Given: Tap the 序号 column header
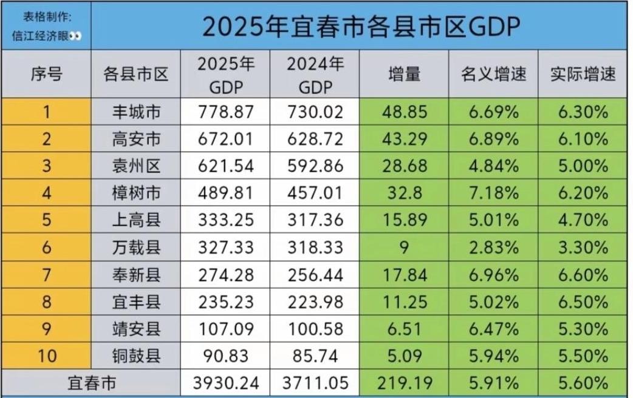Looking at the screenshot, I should pos(46,74).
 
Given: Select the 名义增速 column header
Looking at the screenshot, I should pos(493,74).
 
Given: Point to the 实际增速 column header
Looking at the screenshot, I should pos(583,74).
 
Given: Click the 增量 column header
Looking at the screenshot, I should pos(405,74).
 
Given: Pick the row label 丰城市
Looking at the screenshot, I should pos(137,112).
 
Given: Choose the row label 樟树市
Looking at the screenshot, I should pos(137,193).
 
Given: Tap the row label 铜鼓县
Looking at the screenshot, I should pos(137,356).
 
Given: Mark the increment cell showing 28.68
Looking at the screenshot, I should pos(405,166).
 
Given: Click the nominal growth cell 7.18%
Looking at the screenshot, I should pos(493,193).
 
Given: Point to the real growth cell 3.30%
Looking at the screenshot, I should pos(583,248).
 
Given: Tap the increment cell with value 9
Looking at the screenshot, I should pos(405,248).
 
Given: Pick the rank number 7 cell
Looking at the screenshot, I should pos(46,274).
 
